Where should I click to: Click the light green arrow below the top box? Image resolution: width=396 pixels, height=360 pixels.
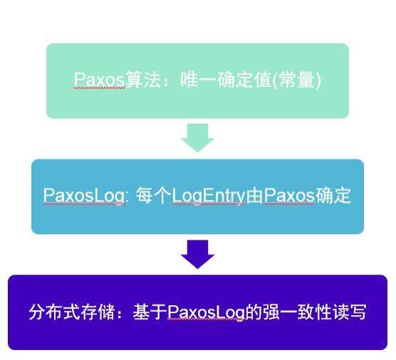[197, 137]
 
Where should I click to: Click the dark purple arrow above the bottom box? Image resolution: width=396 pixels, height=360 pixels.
[197, 254]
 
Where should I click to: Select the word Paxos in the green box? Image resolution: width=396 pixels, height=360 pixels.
[99, 80]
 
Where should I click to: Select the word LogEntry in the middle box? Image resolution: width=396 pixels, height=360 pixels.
[209, 196]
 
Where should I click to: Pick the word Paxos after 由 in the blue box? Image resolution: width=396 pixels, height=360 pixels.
[288, 196]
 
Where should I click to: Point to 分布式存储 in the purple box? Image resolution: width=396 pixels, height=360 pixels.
[71, 312]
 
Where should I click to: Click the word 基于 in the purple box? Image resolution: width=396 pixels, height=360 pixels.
[150, 312]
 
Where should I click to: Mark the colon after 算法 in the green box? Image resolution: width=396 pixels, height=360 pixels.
[165, 80]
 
